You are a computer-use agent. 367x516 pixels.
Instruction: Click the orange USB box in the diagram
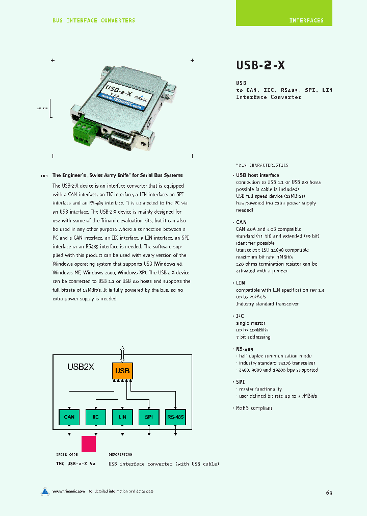pos(122,371)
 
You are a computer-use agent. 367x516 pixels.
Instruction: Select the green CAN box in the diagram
pos(69,417)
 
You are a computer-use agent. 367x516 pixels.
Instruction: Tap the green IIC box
pos(96,417)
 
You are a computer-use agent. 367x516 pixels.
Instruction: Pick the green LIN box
pos(122,417)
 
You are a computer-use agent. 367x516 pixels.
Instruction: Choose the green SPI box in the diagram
pos(149,417)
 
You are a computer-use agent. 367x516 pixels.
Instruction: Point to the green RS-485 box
pos(175,417)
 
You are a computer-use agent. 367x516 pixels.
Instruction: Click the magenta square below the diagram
pos(89,443)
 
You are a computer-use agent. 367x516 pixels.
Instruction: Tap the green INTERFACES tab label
pos(306,21)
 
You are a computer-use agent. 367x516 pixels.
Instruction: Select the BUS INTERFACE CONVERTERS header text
pos(94,20)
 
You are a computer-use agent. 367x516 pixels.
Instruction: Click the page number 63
pos(329,493)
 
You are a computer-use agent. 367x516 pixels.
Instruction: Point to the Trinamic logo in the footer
pos(45,492)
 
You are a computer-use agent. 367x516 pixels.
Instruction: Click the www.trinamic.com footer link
pos(68,492)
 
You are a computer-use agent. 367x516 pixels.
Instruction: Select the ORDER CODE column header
pos(67,454)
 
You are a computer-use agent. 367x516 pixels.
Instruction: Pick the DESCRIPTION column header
pos(120,454)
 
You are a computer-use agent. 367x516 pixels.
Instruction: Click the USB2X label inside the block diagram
pos(81,367)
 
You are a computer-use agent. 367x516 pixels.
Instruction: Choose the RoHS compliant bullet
pos(254,408)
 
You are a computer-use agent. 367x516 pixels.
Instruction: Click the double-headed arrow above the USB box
pos(122,353)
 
